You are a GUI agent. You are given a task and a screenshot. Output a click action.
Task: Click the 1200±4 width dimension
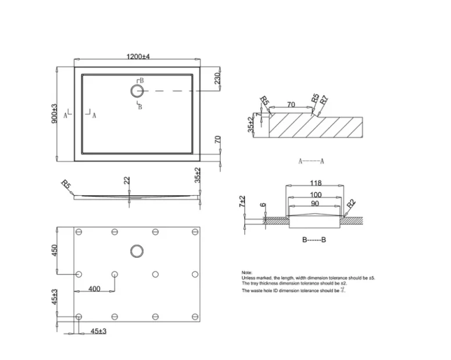(138, 56)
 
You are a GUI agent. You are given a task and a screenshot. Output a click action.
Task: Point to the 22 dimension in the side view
(127, 181)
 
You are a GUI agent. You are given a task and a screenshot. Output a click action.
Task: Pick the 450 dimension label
(55, 250)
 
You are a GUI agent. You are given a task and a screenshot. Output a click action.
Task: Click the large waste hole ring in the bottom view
(137, 250)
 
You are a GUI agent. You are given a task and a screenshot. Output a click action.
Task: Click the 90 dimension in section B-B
(316, 204)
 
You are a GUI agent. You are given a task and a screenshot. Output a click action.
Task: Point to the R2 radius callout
(351, 204)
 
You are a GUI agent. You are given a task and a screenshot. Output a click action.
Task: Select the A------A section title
(311, 161)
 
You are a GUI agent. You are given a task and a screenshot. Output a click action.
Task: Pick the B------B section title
(314, 239)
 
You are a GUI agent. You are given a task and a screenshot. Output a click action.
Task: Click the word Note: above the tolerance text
(247, 272)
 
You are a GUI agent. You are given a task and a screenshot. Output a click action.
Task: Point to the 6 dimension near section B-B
(263, 206)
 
